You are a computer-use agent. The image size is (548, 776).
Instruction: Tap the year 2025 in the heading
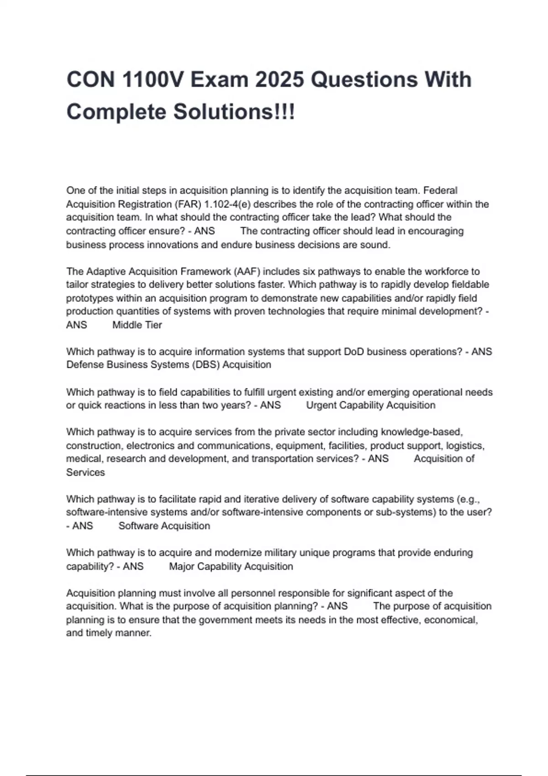(x=279, y=79)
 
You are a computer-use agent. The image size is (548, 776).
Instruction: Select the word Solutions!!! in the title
(x=234, y=112)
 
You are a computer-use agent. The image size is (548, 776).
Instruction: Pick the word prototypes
(x=90, y=298)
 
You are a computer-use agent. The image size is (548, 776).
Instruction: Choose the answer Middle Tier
(x=137, y=325)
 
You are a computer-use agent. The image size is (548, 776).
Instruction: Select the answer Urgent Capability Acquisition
(x=370, y=405)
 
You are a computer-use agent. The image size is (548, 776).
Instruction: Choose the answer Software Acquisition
(x=164, y=526)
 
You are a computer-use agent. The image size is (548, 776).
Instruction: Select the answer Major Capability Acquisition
(x=231, y=566)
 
